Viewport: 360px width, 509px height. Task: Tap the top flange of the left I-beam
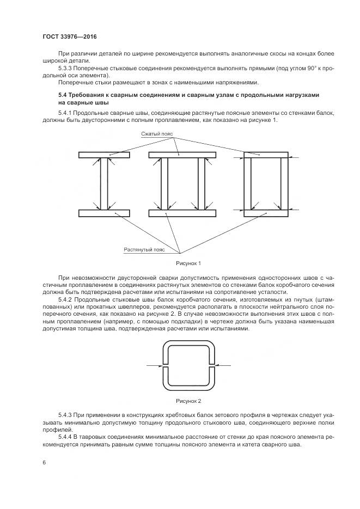[103, 155]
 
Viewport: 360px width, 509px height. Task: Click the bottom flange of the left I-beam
[103, 213]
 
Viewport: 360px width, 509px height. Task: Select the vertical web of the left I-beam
[103, 184]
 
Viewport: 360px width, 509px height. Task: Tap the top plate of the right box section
[266, 155]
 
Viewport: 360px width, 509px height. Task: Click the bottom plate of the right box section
[266, 213]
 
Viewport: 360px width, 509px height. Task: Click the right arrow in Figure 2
[224, 365]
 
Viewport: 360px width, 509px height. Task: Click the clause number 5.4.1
[65, 113]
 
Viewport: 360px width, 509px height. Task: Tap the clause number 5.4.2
[65, 300]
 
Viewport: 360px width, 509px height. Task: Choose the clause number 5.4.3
[65, 415]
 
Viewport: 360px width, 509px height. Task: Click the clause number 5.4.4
[65, 437]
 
